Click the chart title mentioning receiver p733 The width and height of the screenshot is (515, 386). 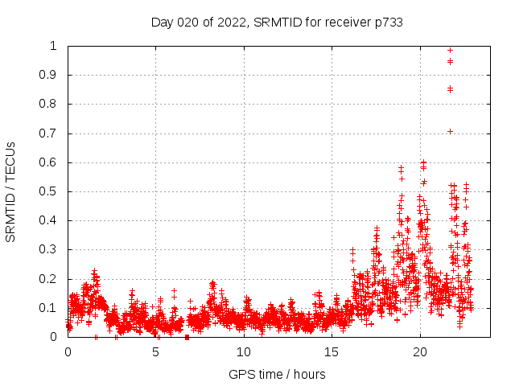click(277, 22)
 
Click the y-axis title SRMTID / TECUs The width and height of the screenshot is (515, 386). click(10, 191)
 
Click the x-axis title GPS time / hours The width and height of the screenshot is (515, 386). click(277, 374)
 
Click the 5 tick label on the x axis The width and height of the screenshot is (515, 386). click(155, 352)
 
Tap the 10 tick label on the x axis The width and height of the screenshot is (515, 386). click(244, 352)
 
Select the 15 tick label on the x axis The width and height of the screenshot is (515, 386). click(332, 352)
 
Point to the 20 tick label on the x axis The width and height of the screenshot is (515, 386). click(420, 352)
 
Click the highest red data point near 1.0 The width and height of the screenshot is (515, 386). click(450, 50)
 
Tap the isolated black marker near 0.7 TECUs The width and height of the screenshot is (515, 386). click(450, 131)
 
